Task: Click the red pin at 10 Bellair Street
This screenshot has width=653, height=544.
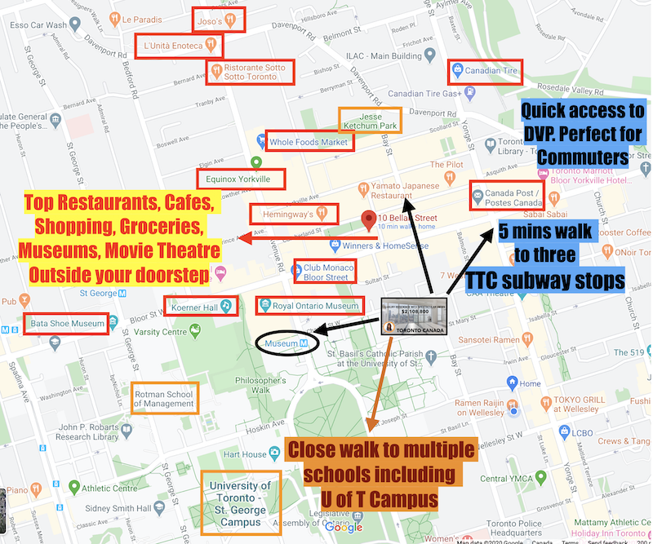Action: pos(367,219)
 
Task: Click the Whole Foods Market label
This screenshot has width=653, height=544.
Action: pos(306,142)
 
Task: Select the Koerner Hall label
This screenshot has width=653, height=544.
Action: pos(200,306)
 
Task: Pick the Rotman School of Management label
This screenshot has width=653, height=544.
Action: pos(164,397)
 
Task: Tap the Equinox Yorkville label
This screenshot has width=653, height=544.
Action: pos(233,179)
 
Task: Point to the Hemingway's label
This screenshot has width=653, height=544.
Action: pos(289,214)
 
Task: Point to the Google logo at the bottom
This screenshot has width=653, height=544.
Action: pos(348,526)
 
